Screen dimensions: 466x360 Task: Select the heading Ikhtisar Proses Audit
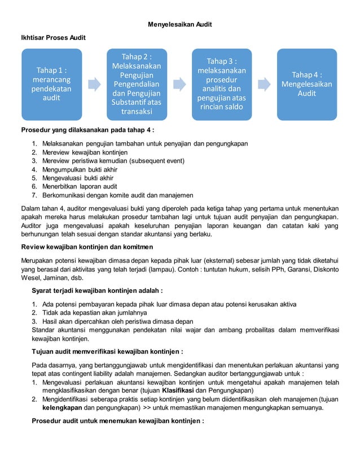(x=54, y=38)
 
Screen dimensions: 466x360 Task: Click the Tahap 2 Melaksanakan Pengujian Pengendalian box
(x=136, y=84)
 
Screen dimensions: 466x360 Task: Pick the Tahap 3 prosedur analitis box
(x=221, y=84)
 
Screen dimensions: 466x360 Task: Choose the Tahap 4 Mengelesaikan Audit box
(x=306, y=84)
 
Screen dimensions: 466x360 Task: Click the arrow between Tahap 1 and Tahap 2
(x=94, y=85)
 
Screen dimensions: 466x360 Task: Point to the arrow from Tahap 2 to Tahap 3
(x=179, y=85)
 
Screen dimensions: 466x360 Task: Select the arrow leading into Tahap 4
(x=264, y=85)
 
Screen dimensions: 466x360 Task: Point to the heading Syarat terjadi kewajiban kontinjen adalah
(x=98, y=291)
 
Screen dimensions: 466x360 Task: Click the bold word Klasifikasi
(x=179, y=390)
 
